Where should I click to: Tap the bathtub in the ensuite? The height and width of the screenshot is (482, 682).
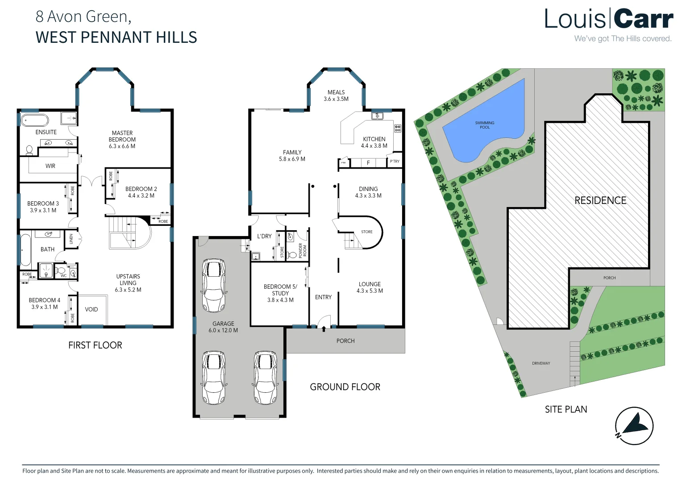35,120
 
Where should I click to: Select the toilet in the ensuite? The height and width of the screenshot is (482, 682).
29,150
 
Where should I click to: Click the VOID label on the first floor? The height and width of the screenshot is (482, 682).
91,309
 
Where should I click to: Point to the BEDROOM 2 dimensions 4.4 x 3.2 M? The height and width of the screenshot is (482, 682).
141,195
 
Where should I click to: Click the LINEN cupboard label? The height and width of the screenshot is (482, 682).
71,239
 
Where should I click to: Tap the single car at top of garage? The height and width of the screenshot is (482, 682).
213,286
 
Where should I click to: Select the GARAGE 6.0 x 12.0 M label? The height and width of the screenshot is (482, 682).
223,327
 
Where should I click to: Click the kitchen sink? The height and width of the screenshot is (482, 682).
377,116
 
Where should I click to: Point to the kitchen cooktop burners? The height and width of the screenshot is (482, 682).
398,129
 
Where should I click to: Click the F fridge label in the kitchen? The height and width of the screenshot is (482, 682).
368,163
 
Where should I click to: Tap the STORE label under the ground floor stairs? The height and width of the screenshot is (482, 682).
367,232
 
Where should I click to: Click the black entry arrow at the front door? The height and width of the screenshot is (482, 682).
324,329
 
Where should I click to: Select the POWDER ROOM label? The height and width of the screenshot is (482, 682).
303,250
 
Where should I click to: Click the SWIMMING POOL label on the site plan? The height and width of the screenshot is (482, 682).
485,125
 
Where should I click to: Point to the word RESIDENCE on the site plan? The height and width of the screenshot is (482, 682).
600,201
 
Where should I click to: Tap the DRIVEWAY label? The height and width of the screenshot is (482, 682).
541,363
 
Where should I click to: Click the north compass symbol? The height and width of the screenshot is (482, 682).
634,426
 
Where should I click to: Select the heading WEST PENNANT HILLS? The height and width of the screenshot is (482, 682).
116,37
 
